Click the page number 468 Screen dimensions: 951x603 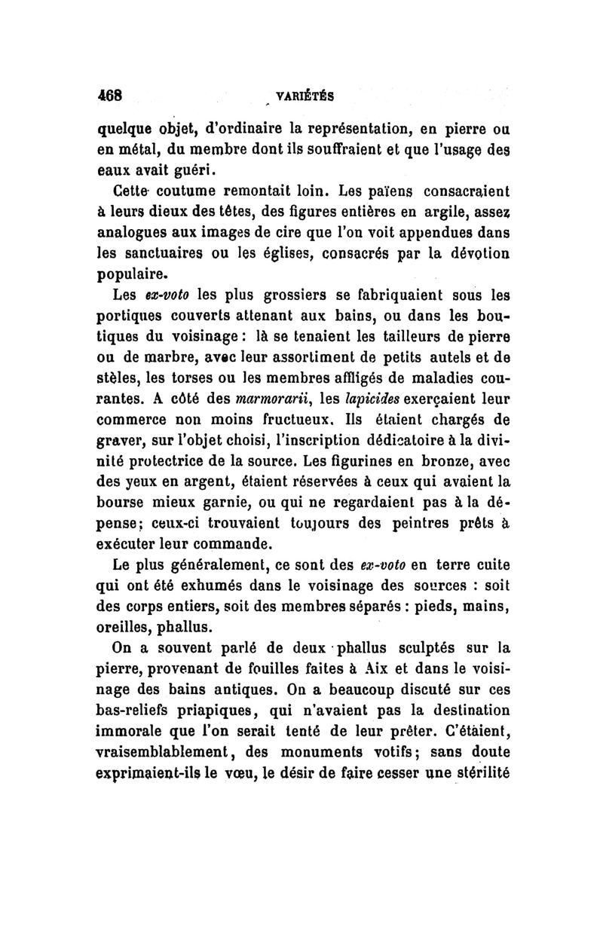[108, 96]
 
